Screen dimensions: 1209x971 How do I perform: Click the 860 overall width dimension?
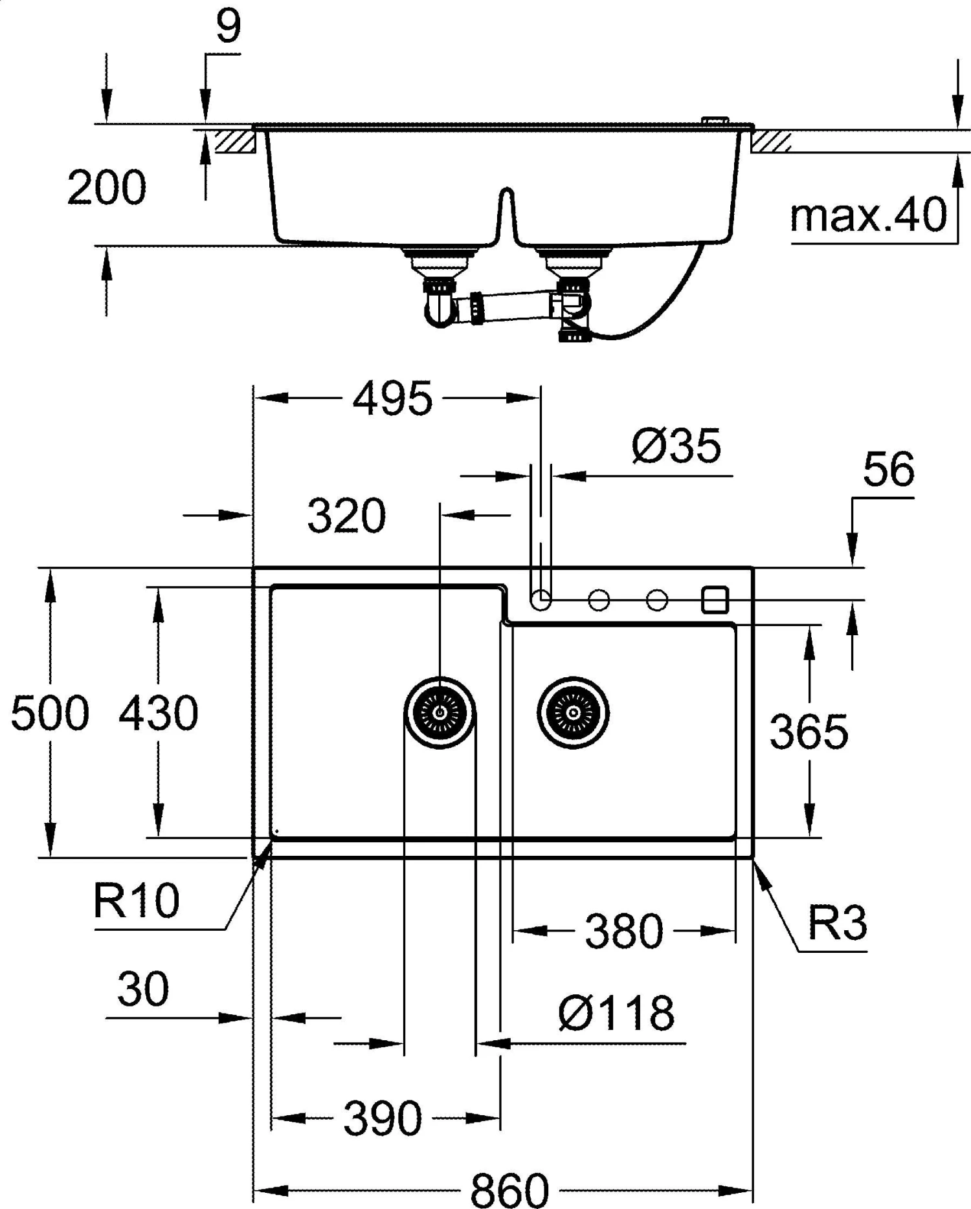(x=509, y=1189)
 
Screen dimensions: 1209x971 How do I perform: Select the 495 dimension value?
(x=392, y=398)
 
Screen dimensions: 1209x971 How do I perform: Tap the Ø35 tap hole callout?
(x=676, y=446)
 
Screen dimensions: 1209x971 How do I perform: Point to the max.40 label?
(x=868, y=215)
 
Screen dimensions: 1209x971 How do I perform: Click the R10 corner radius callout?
(x=136, y=900)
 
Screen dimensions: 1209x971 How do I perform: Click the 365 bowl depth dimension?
(x=809, y=732)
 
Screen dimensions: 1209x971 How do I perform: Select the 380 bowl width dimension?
(x=624, y=931)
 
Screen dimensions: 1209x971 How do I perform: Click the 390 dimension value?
(x=383, y=1118)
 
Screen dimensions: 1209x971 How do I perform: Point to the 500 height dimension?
(x=50, y=713)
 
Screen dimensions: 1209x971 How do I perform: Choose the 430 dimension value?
(x=159, y=713)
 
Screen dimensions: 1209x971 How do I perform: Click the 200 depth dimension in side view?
(x=107, y=188)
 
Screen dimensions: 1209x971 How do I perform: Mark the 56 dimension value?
(x=889, y=469)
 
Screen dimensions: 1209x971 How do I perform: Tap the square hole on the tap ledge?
(x=715, y=600)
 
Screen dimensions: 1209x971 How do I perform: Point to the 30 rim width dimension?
(x=143, y=989)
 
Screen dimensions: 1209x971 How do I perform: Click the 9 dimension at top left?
(x=228, y=27)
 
